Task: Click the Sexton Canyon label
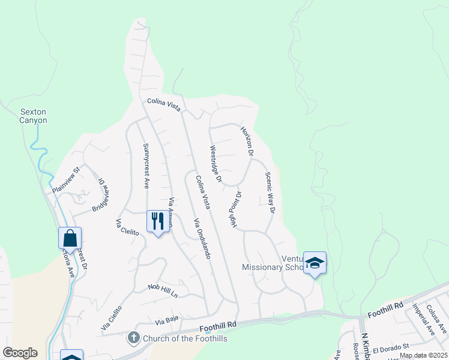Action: [33, 116]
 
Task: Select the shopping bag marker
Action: [70, 238]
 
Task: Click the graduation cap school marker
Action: [315, 263]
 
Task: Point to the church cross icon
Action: [134, 338]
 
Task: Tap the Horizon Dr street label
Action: [247, 141]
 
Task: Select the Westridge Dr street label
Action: [215, 164]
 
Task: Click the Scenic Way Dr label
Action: [270, 193]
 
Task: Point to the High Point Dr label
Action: [234, 209]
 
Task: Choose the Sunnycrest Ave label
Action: [145, 166]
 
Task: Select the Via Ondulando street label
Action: [202, 239]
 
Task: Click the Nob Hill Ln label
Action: [163, 291]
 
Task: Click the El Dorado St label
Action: [390, 347]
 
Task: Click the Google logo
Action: [20, 353]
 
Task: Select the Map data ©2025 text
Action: [423, 355]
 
